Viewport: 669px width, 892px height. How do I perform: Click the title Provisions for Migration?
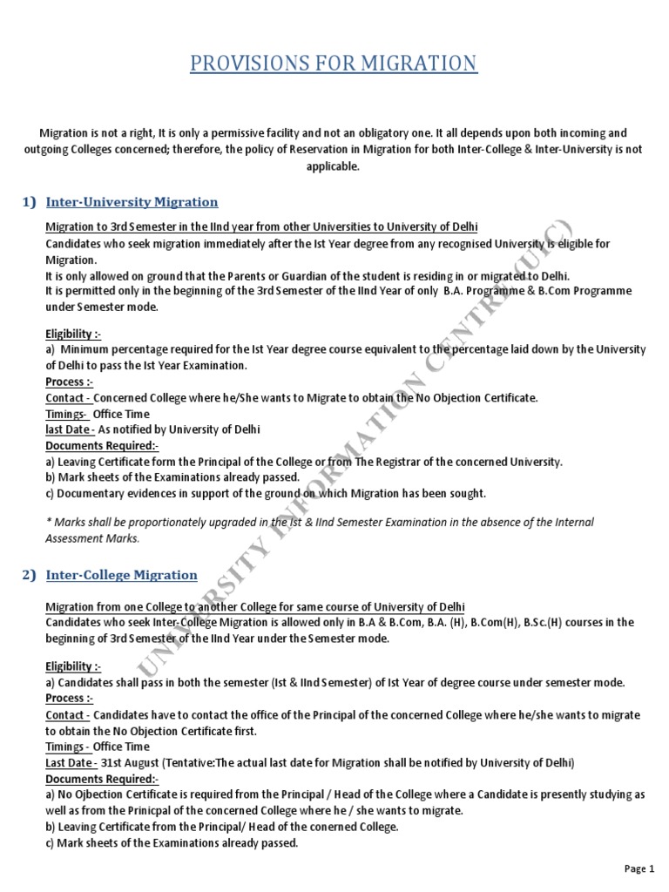pyautogui.click(x=334, y=64)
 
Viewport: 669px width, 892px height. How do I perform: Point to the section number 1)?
pyautogui.click(x=29, y=202)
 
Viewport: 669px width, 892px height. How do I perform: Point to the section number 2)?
pyautogui.click(x=29, y=575)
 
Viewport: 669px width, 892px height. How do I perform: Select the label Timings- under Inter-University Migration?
pyautogui.click(x=66, y=414)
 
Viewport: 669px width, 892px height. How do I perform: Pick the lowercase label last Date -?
pyautogui.click(x=69, y=429)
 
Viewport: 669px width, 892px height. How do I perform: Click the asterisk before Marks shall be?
pyautogui.click(x=48, y=523)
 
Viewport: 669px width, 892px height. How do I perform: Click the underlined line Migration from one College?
pyautogui.click(x=255, y=606)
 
